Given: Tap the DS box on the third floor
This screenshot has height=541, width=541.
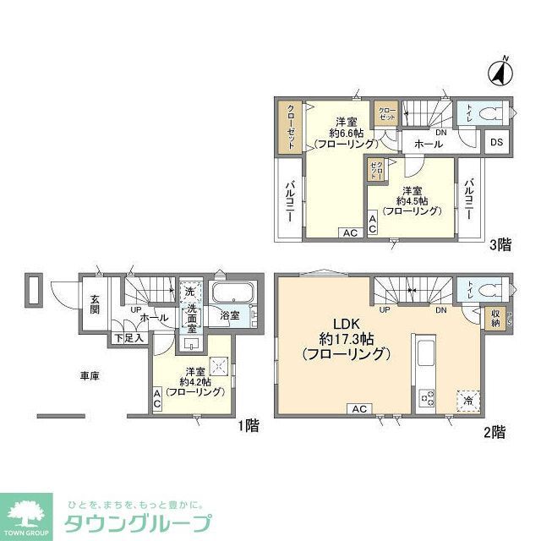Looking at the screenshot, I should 497,142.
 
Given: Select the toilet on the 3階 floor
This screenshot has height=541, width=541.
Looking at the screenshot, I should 491,112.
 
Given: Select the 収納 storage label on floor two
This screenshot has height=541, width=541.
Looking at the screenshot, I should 495,317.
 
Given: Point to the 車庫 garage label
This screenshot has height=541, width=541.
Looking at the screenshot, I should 90,375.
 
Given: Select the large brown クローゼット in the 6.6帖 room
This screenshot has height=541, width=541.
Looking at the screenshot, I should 290,127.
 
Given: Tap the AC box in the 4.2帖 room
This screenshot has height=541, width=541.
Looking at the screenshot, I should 158,399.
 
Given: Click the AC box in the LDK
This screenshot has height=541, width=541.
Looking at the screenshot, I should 358,409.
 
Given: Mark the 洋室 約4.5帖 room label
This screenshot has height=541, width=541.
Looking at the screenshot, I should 412,200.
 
